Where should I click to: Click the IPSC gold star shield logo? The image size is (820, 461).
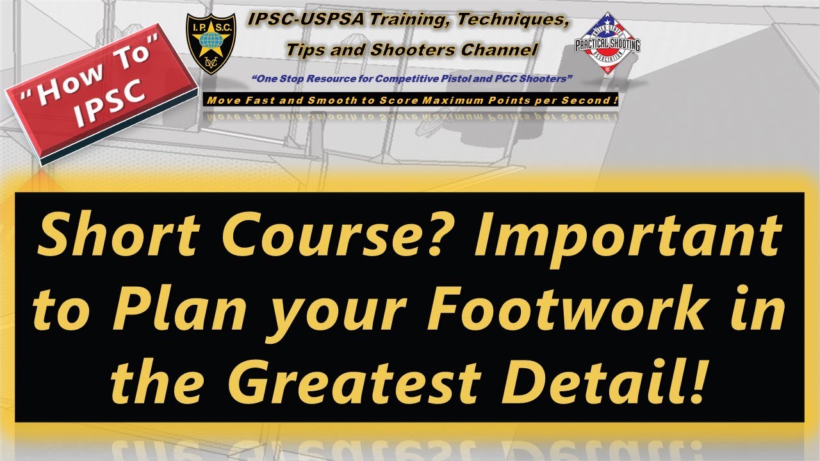(x=211, y=42)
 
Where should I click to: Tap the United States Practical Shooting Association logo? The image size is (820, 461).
(x=607, y=44)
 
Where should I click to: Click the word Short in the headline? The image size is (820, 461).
(x=110, y=237)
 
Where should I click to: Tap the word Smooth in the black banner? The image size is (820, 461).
(x=320, y=101)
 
